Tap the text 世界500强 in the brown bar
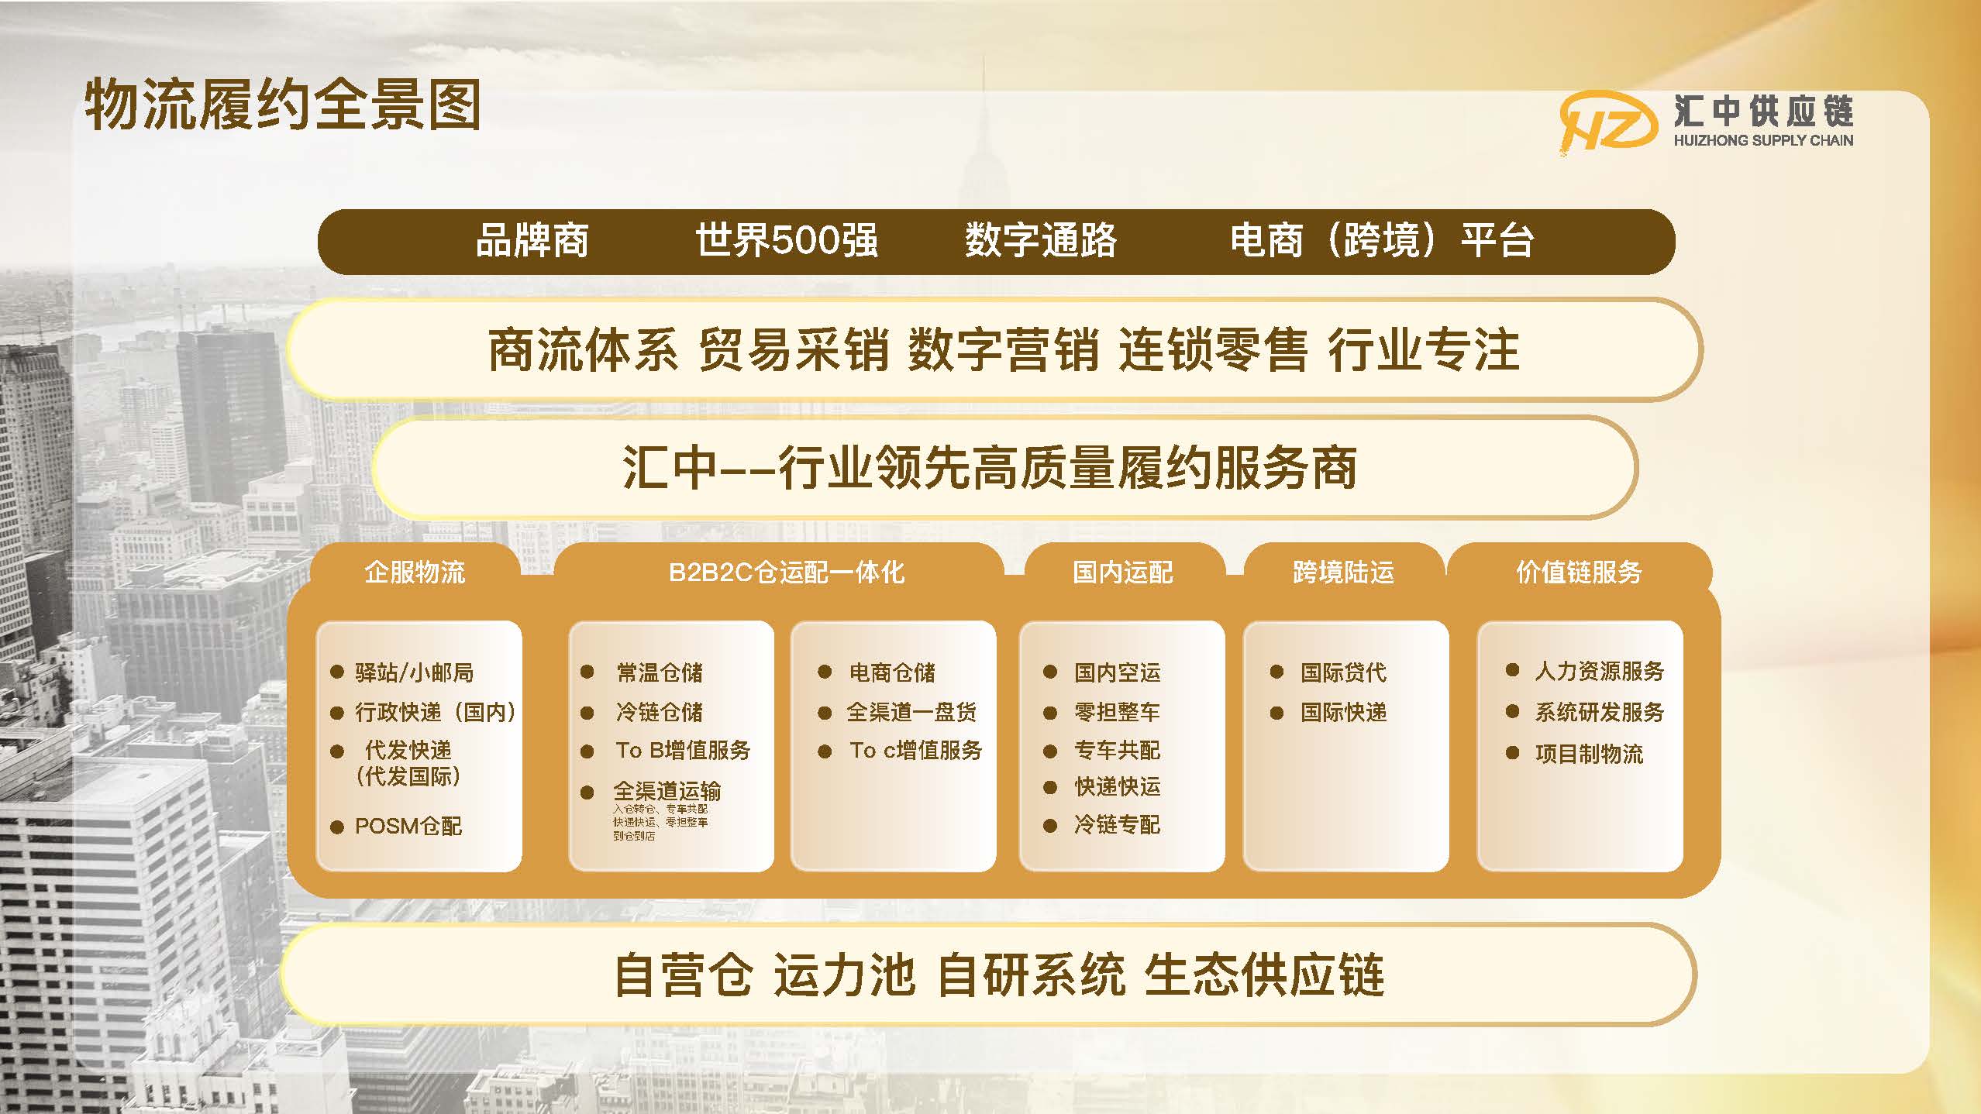(786, 240)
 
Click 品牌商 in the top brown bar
(532, 240)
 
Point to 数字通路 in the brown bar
(1040, 240)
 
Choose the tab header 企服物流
(415, 572)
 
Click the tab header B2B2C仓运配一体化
(786, 572)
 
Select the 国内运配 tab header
(1122, 572)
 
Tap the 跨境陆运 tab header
(1343, 572)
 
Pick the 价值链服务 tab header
(1579, 572)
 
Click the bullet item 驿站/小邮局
(414, 672)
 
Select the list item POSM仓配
(408, 827)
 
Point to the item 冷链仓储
(659, 712)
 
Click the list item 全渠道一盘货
(911, 712)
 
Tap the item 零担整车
(1117, 712)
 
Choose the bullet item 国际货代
(1343, 672)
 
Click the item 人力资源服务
(1599, 671)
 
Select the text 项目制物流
(1589, 754)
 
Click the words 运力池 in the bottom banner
(844, 975)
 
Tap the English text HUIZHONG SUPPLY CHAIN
(1763, 140)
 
